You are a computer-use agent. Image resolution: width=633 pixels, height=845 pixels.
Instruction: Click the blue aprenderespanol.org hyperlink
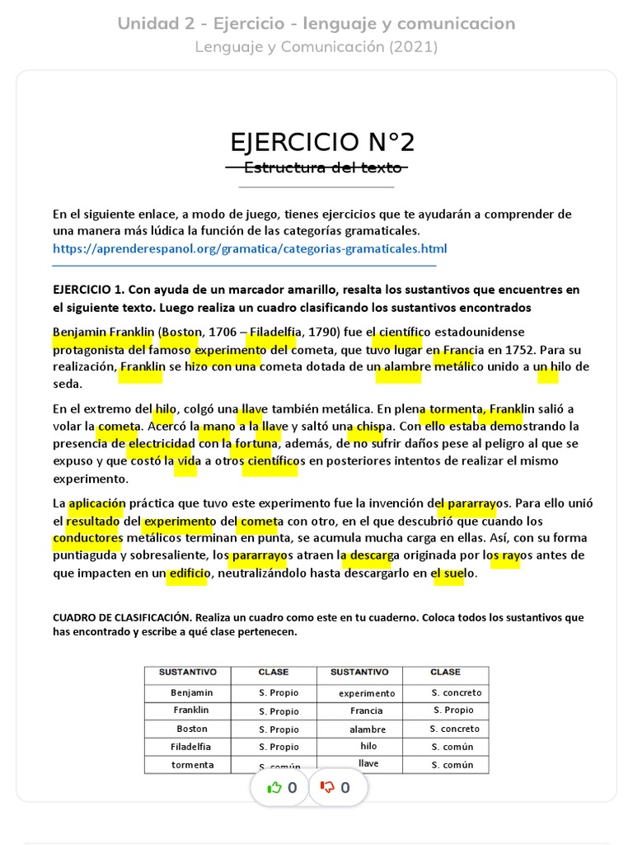point(250,248)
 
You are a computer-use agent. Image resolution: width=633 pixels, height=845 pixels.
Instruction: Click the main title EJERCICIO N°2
point(322,143)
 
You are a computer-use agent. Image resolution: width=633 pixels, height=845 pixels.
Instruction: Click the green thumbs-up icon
point(274,787)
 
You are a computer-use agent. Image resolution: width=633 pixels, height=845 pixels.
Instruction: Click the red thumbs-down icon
point(327,787)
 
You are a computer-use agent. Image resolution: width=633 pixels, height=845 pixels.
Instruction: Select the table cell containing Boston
point(192,729)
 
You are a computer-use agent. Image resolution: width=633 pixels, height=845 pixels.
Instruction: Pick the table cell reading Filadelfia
point(191,747)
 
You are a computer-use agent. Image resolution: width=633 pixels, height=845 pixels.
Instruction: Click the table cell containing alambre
point(367,729)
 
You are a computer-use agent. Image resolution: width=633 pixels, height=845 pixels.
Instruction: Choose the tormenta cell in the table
point(192,765)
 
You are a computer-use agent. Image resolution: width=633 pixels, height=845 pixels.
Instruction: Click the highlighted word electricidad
point(162,444)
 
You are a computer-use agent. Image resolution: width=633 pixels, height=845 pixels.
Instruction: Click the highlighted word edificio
point(189,574)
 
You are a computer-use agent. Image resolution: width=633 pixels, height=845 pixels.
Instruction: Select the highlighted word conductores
point(87,538)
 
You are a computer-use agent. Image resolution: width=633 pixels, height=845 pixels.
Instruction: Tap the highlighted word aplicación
point(96,503)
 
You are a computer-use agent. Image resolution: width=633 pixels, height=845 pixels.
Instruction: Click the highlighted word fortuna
point(255,444)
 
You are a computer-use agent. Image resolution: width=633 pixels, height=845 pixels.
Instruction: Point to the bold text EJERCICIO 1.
point(87,290)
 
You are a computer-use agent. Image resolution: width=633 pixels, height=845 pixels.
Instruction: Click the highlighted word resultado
point(93,521)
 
